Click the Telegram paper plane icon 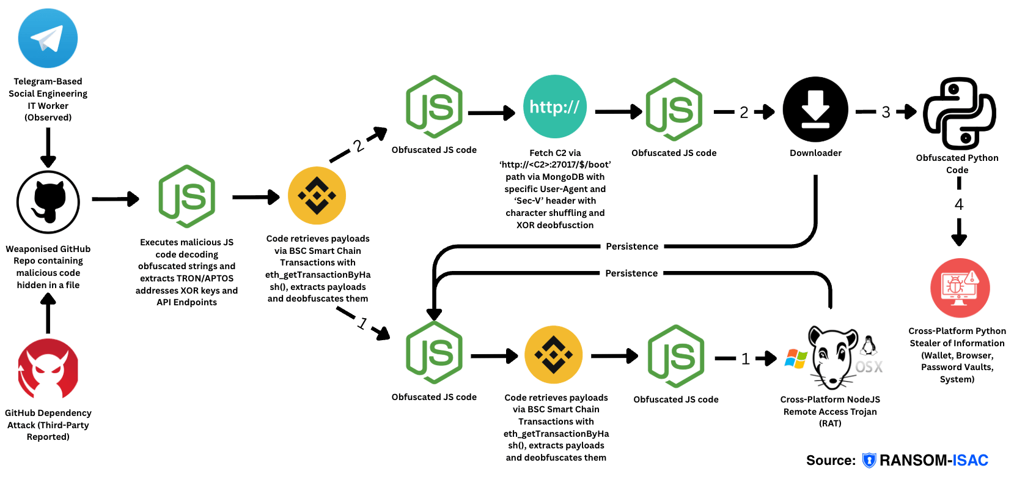point(48,38)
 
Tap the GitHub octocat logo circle point(48,202)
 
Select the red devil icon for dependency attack point(48,369)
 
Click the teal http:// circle point(554,106)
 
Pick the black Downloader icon point(815,110)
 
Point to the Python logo point(959,114)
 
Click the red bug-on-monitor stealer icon point(960,288)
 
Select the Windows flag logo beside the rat point(795,359)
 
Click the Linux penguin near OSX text point(869,346)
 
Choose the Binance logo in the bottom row point(553,355)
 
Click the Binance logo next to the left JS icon point(317,196)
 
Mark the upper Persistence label point(632,247)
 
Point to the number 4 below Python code point(959,204)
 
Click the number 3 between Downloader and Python point(886,112)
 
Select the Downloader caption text point(815,153)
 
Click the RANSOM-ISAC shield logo point(869,461)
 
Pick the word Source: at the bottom point(831,461)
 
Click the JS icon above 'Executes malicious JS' point(186,196)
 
